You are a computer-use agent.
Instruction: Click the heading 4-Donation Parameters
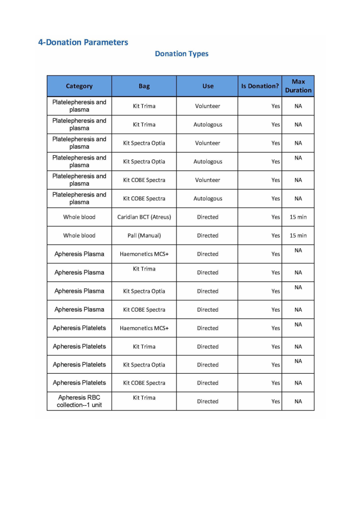pyautogui.click(x=83, y=42)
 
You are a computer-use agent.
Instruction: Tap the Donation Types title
pyautogui.click(x=181, y=54)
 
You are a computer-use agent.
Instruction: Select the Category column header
pyautogui.click(x=79, y=86)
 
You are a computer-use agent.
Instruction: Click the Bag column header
pyautogui.click(x=144, y=86)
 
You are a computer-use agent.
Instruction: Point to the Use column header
pyautogui.click(x=208, y=86)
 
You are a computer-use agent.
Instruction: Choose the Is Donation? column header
pyautogui.click(x=260, y=86)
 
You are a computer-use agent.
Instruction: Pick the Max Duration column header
pyautogui.click(x=298, y=86)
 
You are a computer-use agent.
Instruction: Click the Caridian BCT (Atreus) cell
pyautogui.click(x=144, y=217)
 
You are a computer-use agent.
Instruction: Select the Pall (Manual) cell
pyautogui.click(x=144, y=236)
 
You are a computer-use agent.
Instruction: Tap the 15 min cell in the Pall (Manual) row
pyautogui.click(x=298, y=236)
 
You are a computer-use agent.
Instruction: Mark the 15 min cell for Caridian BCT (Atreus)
pyautogui.click(x=298, y=217)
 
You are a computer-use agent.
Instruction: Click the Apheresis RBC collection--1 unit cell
pyautogui.click(x=80, y=401)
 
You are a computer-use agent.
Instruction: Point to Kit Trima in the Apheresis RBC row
pyautogui.click(x=144, y=398)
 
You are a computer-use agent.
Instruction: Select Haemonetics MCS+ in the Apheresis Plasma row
pyautogui.click(x=144, y=254)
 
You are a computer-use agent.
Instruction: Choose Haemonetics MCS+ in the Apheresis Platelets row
pyautogui.click(x=144, y=328)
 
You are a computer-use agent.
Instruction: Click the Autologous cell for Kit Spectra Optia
pyautogui.click(x=208, y=162)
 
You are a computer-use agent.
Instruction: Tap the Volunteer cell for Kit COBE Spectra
pyautogui.click(x=208, y=180)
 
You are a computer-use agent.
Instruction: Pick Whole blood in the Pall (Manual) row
pyautogui.click(x=79, y=236)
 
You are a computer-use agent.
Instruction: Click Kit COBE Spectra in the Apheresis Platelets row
pyautogui.click(x=144, y=383)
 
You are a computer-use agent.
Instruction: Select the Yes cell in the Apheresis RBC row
pyautogui.click(x=275, y=402)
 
